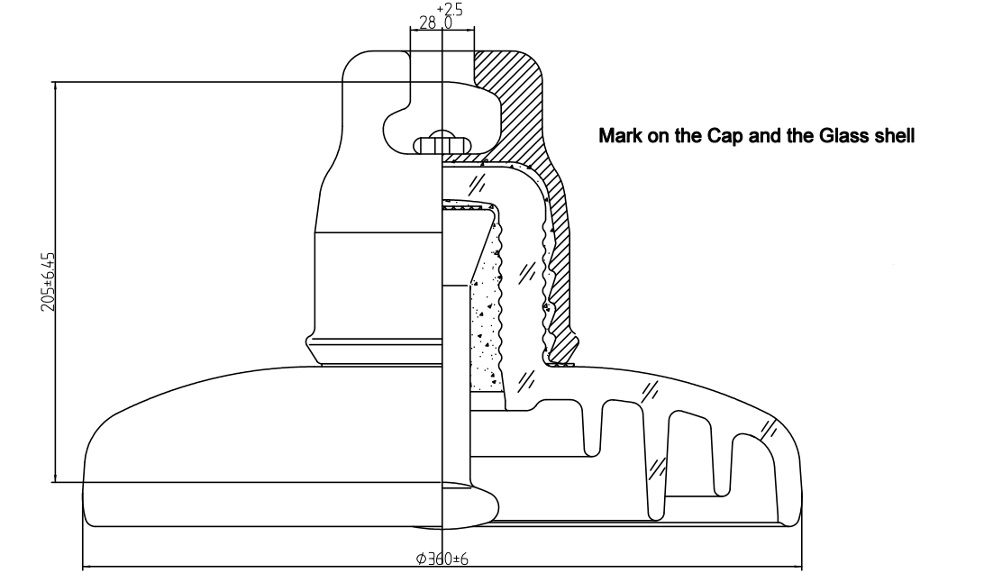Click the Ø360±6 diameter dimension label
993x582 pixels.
[442, 559]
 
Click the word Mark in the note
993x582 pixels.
[620, 137]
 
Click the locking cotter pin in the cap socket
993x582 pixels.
[441, 143]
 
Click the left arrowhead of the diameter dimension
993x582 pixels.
[87, 567]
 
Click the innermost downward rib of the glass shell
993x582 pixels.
[592, 432]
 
